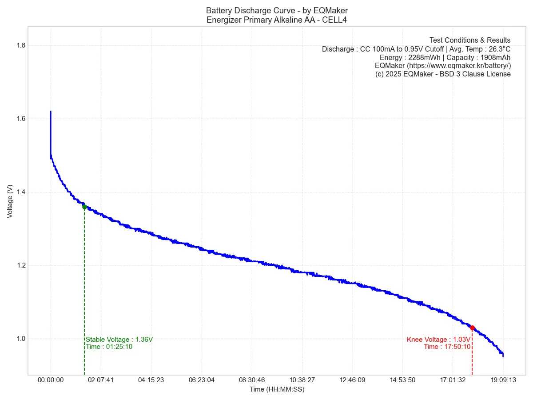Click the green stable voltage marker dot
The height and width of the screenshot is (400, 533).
pyautogui.click(x=84, y=207)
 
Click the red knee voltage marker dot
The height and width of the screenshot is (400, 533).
pyautogui.click(x=472, y=328)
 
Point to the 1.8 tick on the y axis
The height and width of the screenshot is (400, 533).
pyautogui.click(x=20, y=45)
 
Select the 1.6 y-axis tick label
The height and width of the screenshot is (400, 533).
pyautogui.click(x=20, y=119)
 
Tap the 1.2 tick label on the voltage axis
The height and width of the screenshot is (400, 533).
pyautogui.click(x=20, y=265)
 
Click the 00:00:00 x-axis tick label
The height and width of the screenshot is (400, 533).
pyautogui.click(x=51, y=380)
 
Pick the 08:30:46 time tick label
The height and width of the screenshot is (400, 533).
pyautogui.click(x=251, y=380)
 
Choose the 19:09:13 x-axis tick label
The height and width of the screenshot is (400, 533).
pyautogui.click(x=503, y=380)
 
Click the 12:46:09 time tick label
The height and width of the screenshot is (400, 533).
pyautogui.click(x=352, y=380)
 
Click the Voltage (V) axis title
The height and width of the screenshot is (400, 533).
pyautogui.click(x=10, y=201)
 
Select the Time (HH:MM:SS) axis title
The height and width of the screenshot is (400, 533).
pyautogui.click(x=277, y=389)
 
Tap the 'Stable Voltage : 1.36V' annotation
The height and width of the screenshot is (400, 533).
pyautogui.click(x=119, y=340)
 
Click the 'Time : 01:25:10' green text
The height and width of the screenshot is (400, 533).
pyautogui.click(x=109, y=347)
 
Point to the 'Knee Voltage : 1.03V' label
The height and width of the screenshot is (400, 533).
pyautogui.click(x=438, y=340)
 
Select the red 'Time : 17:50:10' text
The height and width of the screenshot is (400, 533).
pyautogui.click(x=447, y=347)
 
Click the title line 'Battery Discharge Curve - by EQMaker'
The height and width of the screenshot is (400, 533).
pyautogui.click(x=277, y=10)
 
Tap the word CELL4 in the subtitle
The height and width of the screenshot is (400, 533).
pyautogui.click(x=335, y=20)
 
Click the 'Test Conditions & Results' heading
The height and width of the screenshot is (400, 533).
pyautogui.click(x=470, y=40)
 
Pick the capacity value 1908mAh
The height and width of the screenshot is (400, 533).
pyautogui.click(x=494, y=57)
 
